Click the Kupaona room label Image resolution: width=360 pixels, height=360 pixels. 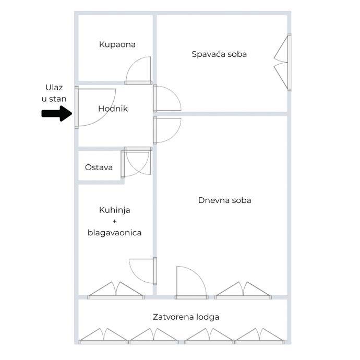tap(117, 44)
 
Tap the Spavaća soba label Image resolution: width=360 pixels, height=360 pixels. tap(219, 54)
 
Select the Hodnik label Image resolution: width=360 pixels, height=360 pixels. tap(113, 109)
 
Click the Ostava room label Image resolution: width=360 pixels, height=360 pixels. tap(99, 167)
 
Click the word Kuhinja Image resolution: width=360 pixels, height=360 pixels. tap(114, 210)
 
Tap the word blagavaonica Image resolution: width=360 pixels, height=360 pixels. tap(114, 233)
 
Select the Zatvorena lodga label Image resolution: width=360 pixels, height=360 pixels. tap(186, 317)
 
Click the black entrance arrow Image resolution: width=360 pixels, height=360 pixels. tap(57, 113)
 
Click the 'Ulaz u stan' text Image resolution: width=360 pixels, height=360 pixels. tap(54, 92)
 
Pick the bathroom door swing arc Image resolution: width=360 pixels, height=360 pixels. tap(138, 70)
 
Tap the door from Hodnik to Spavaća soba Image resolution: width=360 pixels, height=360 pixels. tap(167, 99)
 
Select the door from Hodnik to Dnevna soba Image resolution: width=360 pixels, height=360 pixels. tap(167, 130)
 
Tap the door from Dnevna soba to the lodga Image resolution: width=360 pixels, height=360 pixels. tap(190, 282)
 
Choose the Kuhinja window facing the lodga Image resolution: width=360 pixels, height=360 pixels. tap(115, 291)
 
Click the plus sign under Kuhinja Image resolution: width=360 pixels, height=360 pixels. tap(114, 221)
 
